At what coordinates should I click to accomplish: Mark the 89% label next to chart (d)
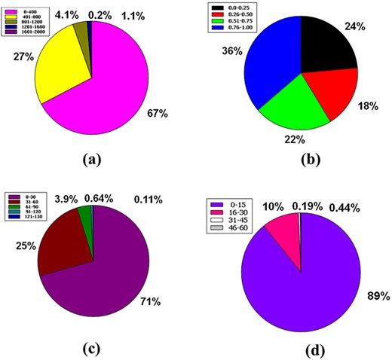(373, 295)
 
